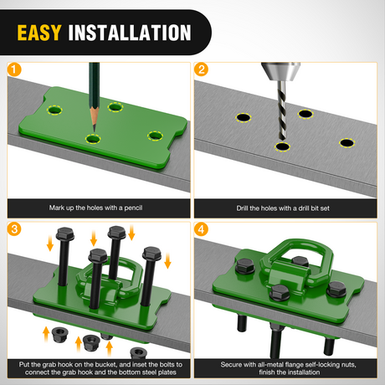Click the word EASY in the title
[x=39, y=33]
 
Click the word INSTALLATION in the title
[x=130, y=33]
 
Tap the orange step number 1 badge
[x=14, y=69]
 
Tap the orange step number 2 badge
[x=201, y=69]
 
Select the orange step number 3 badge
[x=14, y=229]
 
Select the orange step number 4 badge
[x=201, y=229]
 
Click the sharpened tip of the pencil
[x=95, y=131]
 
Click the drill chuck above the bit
[x=280, y=71]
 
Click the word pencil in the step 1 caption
[x=133, y=208]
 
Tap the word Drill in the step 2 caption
[x=242, y=208]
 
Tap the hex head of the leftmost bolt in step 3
[x=65, y=234]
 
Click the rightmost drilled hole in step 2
[x=346, y=143]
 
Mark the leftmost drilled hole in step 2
[x=243, y=117]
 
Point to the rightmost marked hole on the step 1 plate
[x=155, y=136]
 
